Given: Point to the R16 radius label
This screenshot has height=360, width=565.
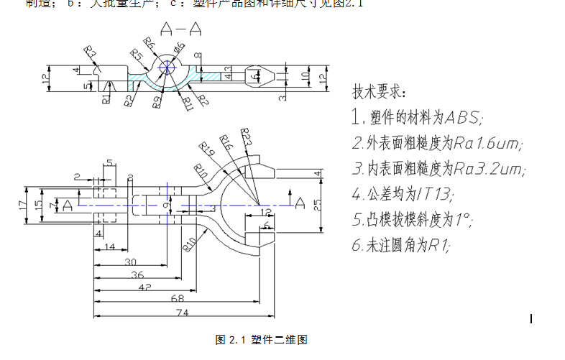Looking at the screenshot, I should tap(226, 143).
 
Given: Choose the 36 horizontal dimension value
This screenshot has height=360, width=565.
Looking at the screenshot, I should tap(136, 274).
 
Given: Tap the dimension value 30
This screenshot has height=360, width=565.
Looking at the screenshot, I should tap(130, 262).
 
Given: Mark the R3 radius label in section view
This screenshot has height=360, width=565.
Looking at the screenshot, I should tap(90, 52).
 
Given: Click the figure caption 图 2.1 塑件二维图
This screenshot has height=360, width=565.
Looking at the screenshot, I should tap(262, 340).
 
